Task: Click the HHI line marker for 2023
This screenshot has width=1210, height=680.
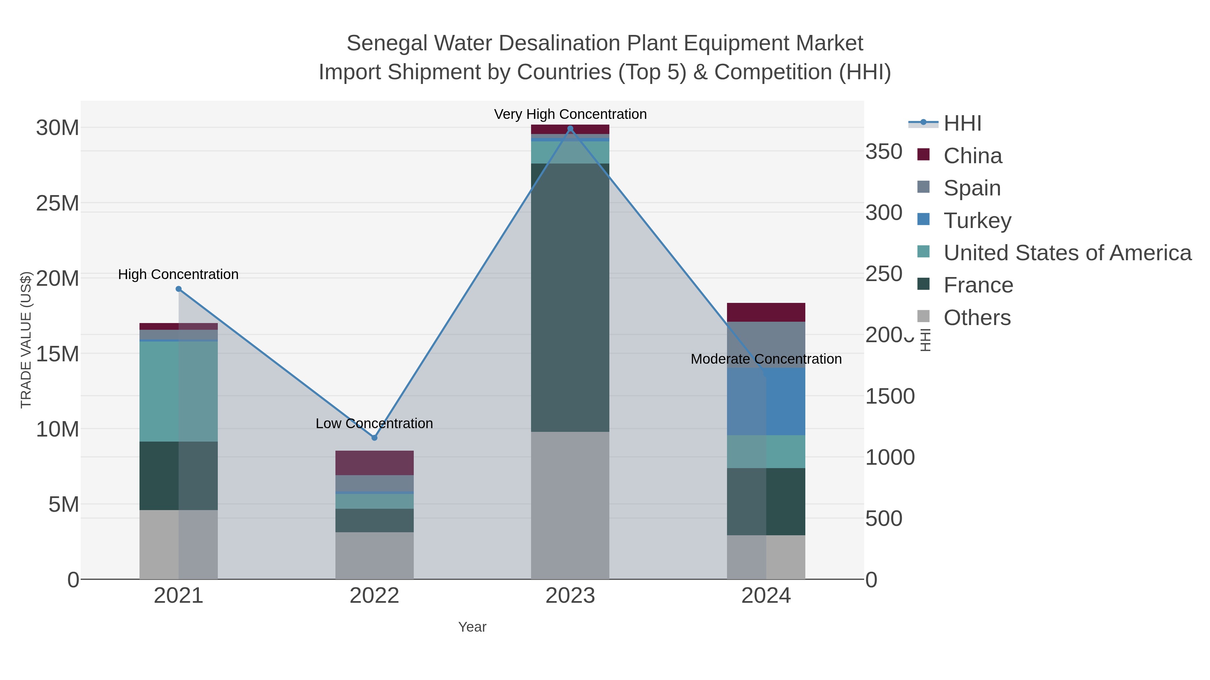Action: coord(570,129)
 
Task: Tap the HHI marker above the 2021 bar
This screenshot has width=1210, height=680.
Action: coord(178,289)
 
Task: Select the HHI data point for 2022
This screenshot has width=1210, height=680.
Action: coord(374,438)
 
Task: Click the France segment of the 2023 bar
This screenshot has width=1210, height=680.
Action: coord(570,298)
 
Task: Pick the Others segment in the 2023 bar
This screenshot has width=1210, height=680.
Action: coord(570,505)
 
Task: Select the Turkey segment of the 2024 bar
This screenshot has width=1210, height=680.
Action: coord(766,402)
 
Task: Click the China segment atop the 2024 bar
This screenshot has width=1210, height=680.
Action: coord(766,312)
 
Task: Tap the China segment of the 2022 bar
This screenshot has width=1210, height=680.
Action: coord(374,463)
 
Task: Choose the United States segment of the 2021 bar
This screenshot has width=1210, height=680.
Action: coord(178,392)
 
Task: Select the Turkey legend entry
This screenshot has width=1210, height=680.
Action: coord(977,221)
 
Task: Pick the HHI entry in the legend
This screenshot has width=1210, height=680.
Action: coord(962,124)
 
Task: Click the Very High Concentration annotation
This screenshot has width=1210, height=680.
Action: coord(570,114)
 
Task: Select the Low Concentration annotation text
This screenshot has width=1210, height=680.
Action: coord(374,423)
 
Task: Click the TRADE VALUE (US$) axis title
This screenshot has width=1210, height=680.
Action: coord(26,340)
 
